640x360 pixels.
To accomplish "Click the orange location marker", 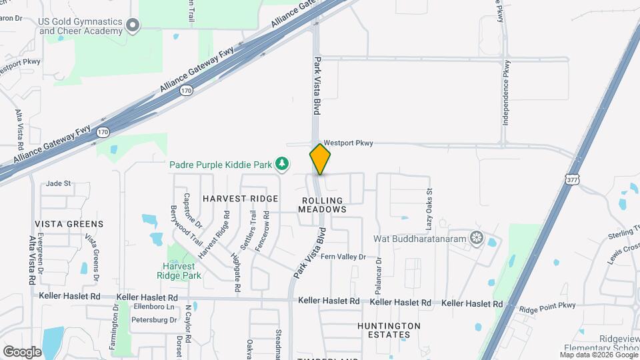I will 320,159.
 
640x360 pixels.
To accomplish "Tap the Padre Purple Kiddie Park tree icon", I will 283,163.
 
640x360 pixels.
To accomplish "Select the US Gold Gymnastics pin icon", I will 133,25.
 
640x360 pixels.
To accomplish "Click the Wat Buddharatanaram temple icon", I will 476,237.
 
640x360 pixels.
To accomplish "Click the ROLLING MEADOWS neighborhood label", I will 323,205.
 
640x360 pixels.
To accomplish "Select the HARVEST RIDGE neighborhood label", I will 231,199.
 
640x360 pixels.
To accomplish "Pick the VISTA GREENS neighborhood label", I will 69,224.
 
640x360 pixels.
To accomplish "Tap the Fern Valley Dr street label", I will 343,257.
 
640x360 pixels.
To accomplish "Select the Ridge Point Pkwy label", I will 547,308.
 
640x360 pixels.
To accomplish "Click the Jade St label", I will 59,183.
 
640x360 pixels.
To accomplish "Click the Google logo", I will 22,352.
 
